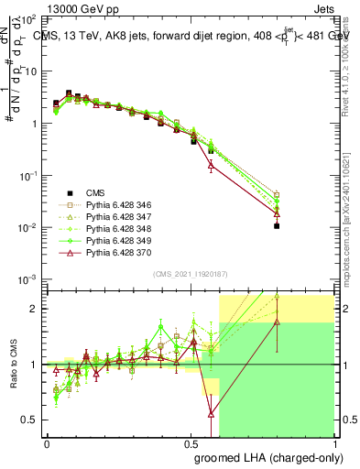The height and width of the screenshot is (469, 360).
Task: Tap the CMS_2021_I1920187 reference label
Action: coord(190,274)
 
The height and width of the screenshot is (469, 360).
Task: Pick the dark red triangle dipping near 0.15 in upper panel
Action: coord(212,166)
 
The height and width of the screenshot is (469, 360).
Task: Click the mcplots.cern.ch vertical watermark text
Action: coord(352,229)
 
